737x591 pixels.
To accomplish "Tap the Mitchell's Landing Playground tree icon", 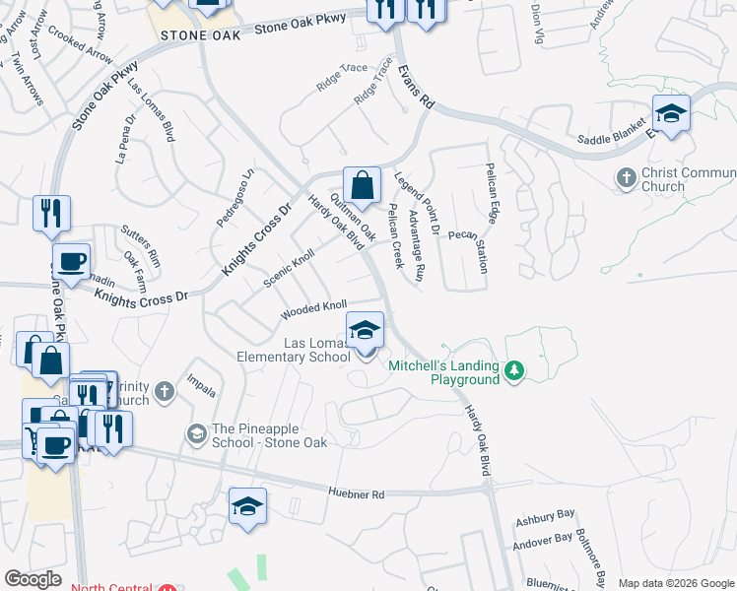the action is pyautogui.click(x=512, y=371).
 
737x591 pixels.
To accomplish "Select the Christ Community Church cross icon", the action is pyautogui.click(x=626, y=178).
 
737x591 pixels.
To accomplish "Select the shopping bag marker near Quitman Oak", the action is pyautogui.click(x=362, y=185).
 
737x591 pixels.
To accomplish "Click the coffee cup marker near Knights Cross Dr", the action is pyautogui.click(x=71, y=262).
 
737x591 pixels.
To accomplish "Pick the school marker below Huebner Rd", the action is pyautogui.click(x=247, y=507).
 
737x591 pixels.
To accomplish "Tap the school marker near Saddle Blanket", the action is pyautogui.click(x=671, y=114).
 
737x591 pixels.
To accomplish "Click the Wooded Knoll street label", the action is pyautogui.click(x=313, y=310).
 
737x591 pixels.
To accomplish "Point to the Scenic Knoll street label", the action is pyautogui.click(x=289, y=267).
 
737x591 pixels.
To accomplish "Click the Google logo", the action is pyautogui.click(x=33, y=578).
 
